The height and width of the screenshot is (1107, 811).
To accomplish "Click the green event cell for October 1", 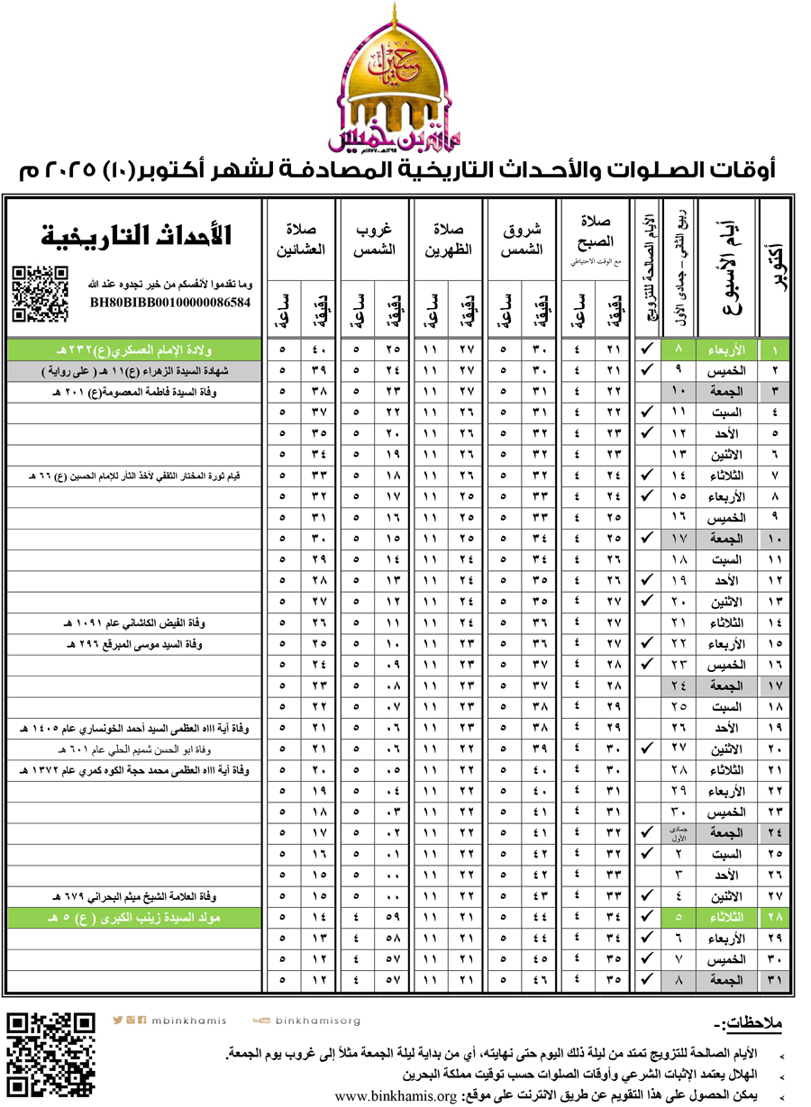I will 135,349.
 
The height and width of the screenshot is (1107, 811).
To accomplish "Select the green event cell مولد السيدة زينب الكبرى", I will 135,917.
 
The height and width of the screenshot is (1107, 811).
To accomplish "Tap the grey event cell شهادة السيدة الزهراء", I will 135,370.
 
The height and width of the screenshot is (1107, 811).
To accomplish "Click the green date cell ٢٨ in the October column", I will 773,917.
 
